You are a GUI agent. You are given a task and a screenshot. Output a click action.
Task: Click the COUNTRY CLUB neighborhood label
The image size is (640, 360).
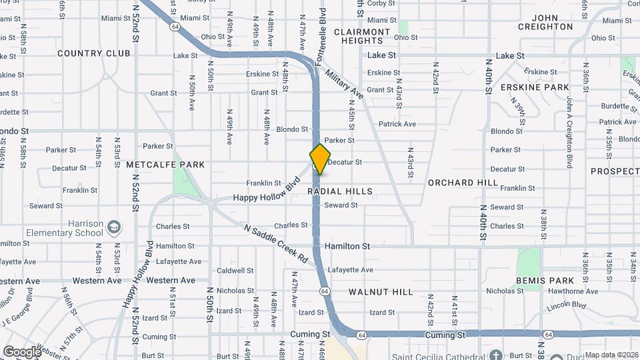tap(94, 53)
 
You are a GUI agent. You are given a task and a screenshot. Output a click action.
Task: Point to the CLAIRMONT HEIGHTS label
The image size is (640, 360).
tap(362, 36)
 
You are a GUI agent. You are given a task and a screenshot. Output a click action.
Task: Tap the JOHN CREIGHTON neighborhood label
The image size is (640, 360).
tap(543, 22)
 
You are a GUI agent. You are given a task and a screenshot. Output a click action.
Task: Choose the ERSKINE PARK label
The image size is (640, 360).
tap(544, 87)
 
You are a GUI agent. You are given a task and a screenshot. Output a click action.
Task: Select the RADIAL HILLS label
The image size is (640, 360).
tap(340, 191)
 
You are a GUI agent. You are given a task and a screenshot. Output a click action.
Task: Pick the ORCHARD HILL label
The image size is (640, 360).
tap(463, 183)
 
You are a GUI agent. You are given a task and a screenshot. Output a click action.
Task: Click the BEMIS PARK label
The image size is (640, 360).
tap(541, 281)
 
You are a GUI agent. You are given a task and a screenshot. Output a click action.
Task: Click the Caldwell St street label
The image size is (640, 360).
tap(235, 271)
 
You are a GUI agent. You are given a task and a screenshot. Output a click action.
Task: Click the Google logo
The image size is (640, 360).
tap(22, 352)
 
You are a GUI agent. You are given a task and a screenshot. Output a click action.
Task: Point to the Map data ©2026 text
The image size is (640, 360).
tap(608, 355)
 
